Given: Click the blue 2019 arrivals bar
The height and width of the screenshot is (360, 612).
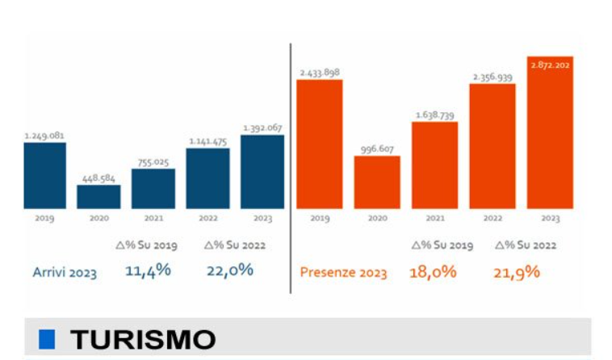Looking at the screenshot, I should tap(44, 175).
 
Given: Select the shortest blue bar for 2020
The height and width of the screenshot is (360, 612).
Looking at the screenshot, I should tap(99, 197).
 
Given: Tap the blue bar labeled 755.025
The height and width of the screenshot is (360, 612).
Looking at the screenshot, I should tap(153, 189).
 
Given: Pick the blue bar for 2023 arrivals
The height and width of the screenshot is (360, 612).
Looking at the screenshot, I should tap(262, 172).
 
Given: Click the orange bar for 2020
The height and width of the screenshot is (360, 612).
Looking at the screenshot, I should tap(376, 182).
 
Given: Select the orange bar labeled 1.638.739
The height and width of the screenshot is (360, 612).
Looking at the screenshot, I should tap(434, 165).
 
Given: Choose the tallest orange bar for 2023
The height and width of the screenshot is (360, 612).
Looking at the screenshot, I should tap(550, 132).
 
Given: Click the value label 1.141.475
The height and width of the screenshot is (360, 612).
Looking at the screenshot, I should tap(207, 141).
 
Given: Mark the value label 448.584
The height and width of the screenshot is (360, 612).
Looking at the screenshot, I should tap(99, 178).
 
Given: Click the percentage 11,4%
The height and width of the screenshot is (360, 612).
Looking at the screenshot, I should tap(148, 270).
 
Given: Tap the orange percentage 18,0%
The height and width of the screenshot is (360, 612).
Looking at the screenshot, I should tap(433, 272).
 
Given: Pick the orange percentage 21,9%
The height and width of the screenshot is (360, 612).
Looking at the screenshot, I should tap(516, 272).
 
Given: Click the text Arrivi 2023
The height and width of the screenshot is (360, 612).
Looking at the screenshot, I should tap(65, 273).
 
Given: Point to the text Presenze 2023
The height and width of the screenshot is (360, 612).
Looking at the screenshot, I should tap(343, 273).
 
